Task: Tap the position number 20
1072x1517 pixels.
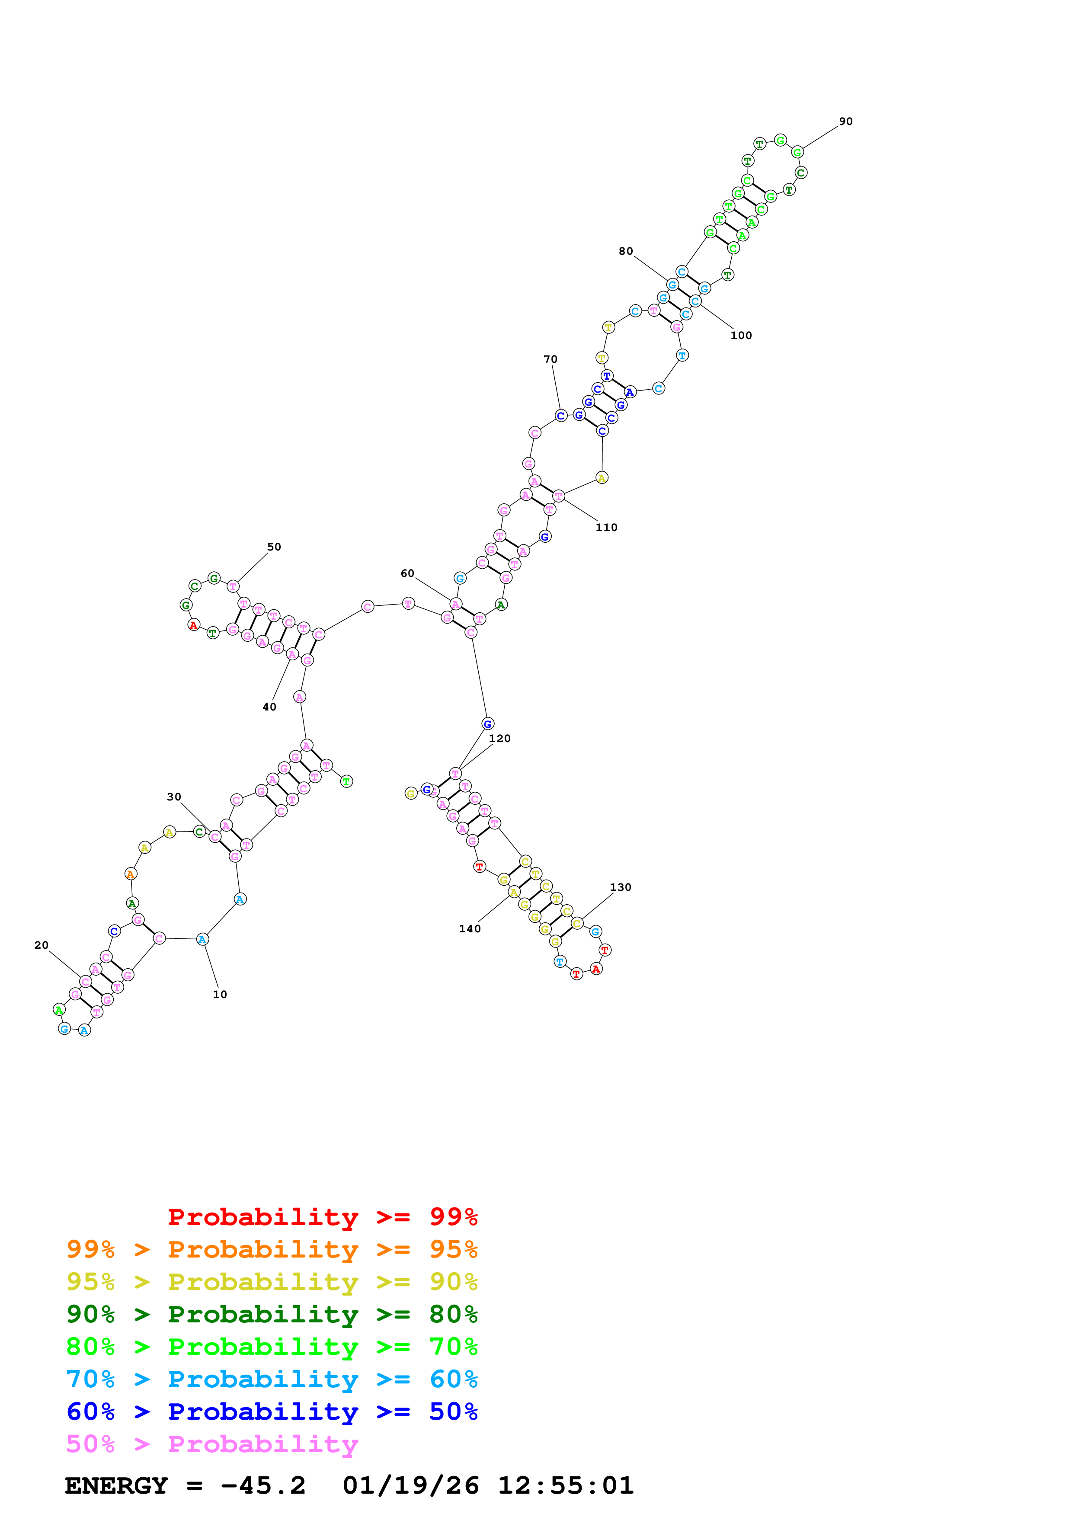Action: tap(42, 945)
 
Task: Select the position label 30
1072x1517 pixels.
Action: tap(174, 797)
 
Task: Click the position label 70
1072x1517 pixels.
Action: tap(550, 359)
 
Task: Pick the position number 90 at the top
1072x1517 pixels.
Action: tap(845, 122)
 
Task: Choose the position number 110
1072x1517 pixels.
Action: tap(606, 527)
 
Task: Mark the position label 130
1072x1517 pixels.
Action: tap(620, 887)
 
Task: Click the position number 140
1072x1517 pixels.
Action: tap(470, 929)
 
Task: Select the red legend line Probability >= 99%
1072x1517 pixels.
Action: tap(322, 1217)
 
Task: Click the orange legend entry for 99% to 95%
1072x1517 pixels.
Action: tap(272, 1249)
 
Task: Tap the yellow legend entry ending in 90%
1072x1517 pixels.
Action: tap(272, 1282)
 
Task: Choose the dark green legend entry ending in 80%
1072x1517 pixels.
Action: tap(272, 1314)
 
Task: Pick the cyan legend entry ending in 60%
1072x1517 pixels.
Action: tap(272, 1379)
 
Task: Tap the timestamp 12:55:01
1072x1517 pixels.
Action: tap(565, 1485)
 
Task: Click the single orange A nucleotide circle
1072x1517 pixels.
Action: tap(131, 874)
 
